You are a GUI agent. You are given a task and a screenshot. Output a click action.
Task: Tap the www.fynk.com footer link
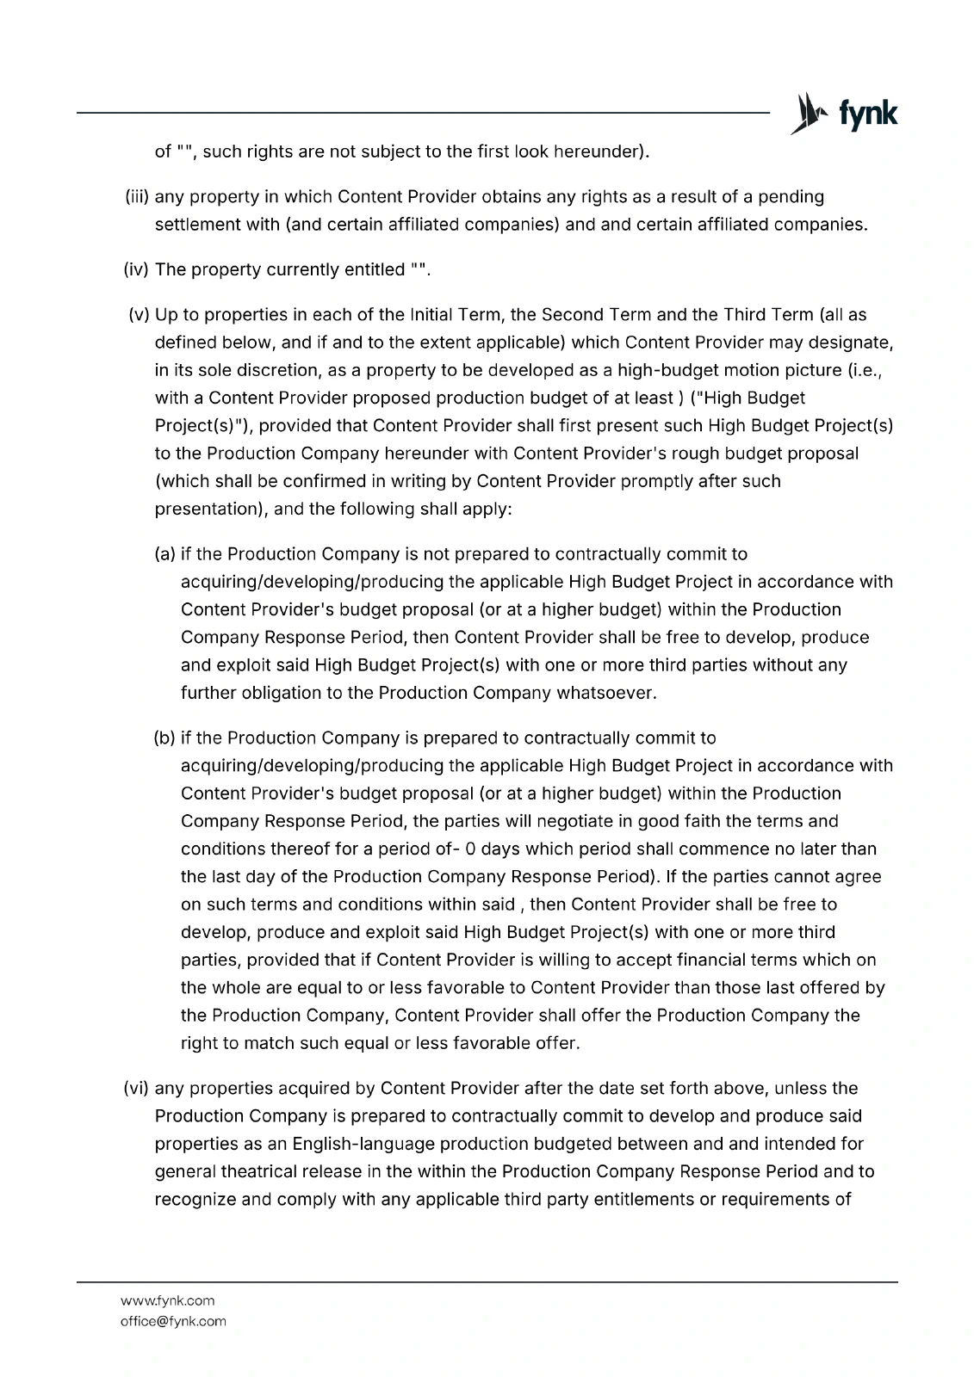tap(167, 1300)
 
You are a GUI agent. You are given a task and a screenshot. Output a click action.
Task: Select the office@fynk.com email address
tap(173, 1321)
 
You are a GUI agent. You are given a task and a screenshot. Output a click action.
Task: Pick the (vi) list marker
tap(138, 1089)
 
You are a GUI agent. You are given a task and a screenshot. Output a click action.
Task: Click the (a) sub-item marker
tap(165, 554)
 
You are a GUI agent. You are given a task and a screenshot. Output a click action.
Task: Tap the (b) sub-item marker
tap(165, 738)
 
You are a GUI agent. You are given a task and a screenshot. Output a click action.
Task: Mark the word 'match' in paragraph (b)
tap(268, 1043)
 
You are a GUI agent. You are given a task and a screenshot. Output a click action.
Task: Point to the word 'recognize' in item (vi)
tap(195, 1199)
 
